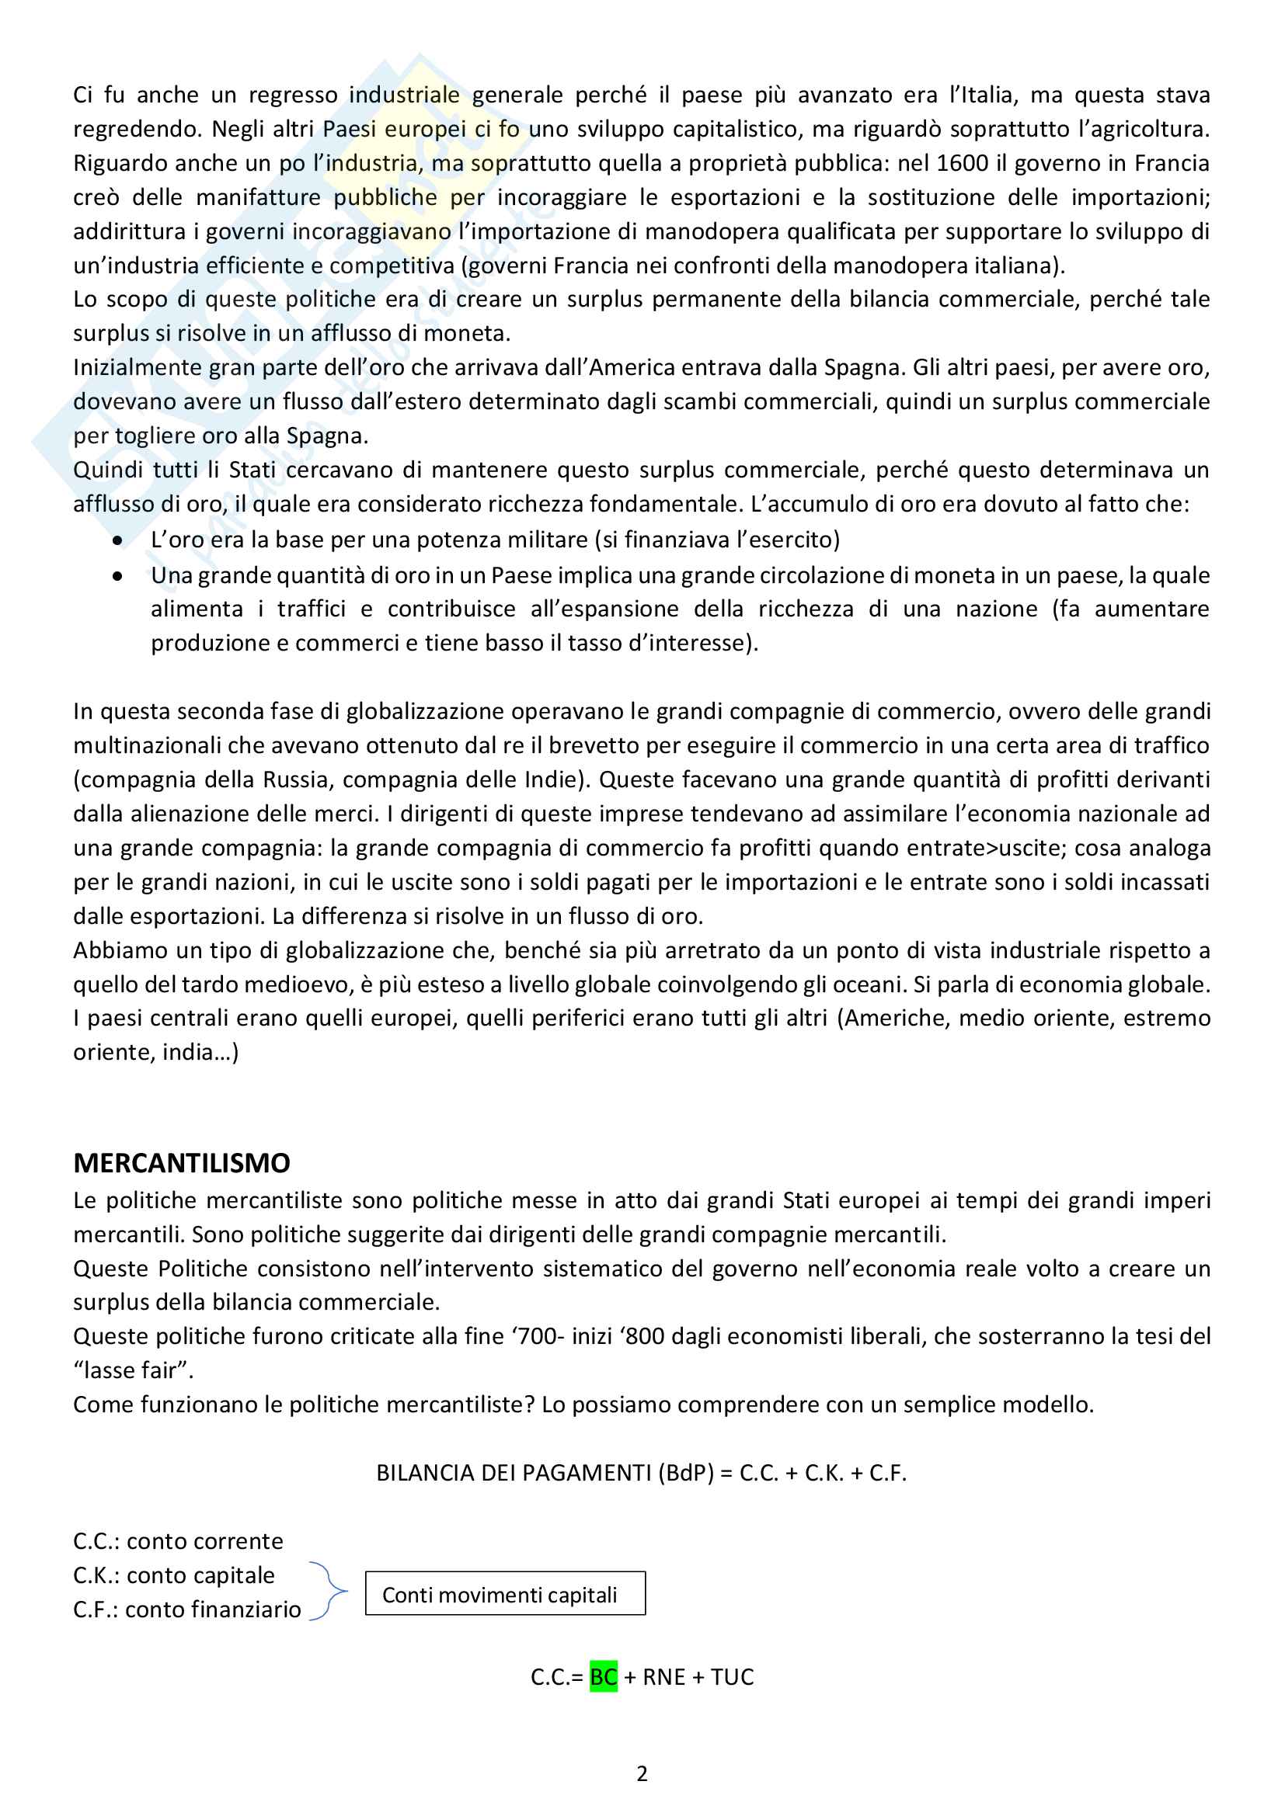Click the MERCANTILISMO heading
181,1163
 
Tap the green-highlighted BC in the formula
603,1677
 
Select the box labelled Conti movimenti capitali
505,1595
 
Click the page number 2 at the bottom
642,1774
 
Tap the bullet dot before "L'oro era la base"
118,541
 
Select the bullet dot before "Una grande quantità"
118,577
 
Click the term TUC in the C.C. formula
732,1677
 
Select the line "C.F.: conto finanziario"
186,1609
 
